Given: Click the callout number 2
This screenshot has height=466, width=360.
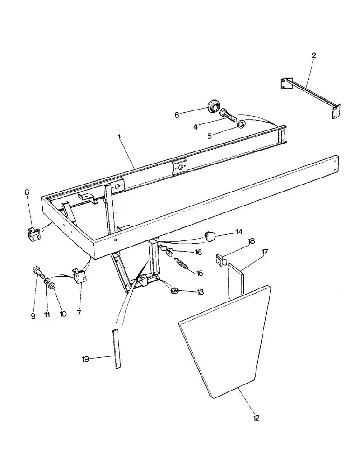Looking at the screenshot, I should point(313,55).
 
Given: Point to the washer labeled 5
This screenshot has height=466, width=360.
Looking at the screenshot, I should point(242,123).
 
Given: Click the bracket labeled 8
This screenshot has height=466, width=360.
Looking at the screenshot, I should point(31,234).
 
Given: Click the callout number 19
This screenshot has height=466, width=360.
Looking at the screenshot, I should point(86,358).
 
